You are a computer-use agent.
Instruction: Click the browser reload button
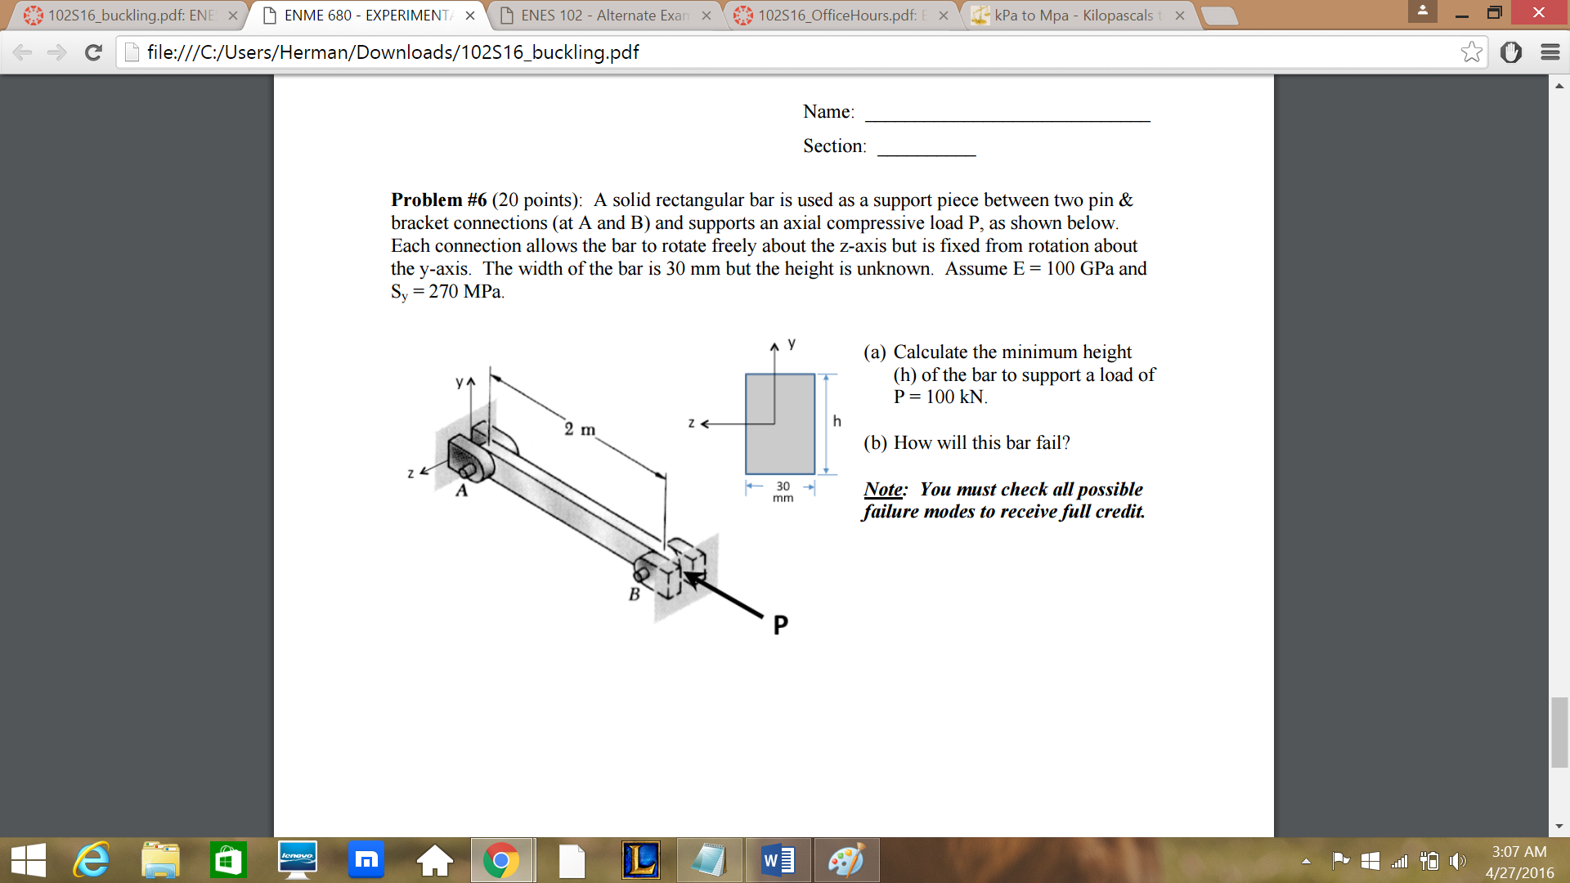tap(94, 52)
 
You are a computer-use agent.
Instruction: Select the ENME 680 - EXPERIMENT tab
tap(366, 16)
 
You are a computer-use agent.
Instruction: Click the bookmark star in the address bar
tap(1471, 52)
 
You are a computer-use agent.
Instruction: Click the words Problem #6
tap(439, 200)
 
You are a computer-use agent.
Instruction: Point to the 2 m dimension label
tap(580, 429)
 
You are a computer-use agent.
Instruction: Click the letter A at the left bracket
tap(462, 491)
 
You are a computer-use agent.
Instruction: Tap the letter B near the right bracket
tap(635, 594)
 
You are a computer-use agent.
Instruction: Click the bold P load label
tap(781, 625)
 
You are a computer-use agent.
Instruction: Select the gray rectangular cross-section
tap(780, 424)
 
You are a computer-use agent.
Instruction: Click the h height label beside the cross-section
tap(837, 421)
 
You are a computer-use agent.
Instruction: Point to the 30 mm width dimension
tap(783, 491)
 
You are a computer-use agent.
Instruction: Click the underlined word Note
tap(884, 489)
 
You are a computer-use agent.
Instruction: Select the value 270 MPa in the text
tap(464, 292)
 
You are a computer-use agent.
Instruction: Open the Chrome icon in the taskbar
tap(501, 861)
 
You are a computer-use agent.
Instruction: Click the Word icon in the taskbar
tap(778, 861)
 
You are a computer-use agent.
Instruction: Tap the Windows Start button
tap(29, 861)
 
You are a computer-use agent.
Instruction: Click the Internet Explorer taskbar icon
tap(92, 861)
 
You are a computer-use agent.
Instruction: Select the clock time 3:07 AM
tap(1519, 851)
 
